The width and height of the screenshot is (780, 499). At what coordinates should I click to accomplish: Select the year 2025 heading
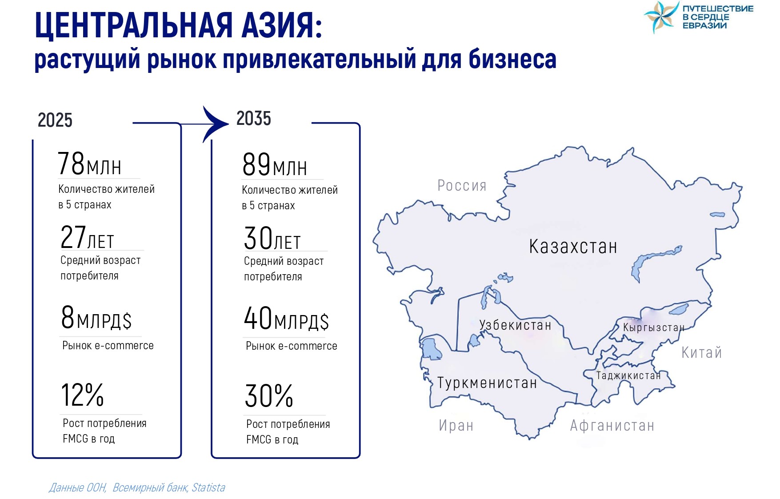tap(55, 120)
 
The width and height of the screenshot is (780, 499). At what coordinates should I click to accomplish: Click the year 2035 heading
tap(254, 118)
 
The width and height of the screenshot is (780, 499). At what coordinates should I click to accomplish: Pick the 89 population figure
tap(256, 164)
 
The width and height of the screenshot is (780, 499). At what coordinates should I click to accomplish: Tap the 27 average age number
tap(73, 236)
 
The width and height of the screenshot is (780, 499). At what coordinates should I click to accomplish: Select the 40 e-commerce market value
tap(258, 318)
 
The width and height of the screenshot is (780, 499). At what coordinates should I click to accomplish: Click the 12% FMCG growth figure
tap(83, 395)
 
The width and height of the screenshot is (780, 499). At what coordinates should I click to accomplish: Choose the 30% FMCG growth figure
tap(269, 396)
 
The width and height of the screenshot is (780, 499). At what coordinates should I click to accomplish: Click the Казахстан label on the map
tap(573, 247)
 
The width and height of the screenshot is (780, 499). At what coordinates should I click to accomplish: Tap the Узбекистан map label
tap(515, 325)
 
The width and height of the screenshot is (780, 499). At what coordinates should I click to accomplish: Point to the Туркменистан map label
tap(487, 383)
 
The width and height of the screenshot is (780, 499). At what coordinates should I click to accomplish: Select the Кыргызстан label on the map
tap(654, 327)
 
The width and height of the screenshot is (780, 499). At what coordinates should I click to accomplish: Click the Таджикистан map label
tap(628, 375)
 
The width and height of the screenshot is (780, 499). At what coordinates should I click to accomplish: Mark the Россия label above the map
tap(462, 185)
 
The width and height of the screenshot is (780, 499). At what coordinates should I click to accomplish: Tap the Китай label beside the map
tap(702, 352)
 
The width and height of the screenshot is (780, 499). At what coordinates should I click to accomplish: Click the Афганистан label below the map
tap(612, 426)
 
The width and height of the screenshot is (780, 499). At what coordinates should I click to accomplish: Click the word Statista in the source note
tap(208, 487)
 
